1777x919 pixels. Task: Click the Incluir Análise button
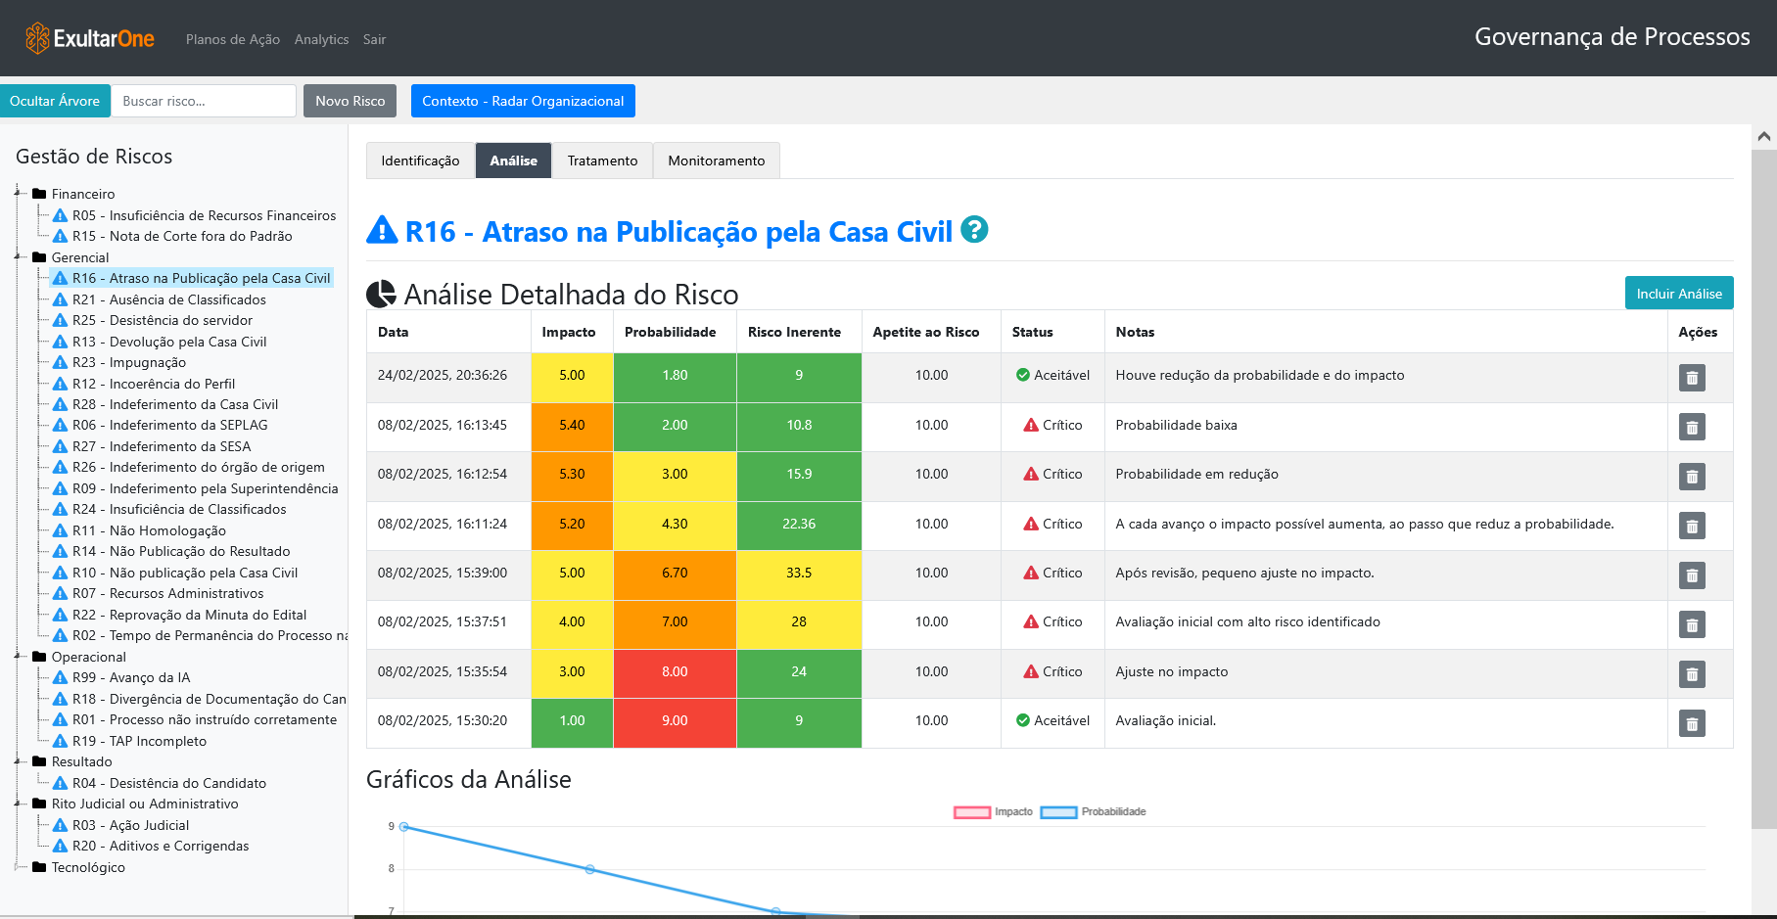point(1678,294)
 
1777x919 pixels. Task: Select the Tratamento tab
point(602,161)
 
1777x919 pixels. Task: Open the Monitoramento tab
point(716,161)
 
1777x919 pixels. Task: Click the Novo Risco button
point(350,101)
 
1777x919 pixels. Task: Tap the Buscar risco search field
point(204,101)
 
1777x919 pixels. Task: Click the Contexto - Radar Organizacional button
point(523,101)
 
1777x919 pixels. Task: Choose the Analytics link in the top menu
point(321,39)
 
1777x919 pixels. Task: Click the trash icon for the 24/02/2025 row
point(1692,377)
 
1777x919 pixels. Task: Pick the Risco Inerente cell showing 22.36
point(799,524)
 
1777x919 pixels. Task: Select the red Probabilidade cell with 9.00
point(675,720)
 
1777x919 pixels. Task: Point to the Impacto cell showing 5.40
point(572,425)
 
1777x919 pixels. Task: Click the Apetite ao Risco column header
point(926,332)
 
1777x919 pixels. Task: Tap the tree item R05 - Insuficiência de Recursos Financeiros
point(204,215)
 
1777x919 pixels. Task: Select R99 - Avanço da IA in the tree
point(131,677)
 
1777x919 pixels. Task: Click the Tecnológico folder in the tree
point(88,867)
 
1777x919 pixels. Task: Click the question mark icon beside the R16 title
point(974,229)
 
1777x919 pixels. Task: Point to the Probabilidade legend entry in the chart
point(1094,811)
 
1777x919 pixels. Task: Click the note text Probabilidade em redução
point(1196,474)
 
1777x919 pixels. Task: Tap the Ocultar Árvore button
point(55,101)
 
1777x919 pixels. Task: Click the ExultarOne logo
point(90,38)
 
